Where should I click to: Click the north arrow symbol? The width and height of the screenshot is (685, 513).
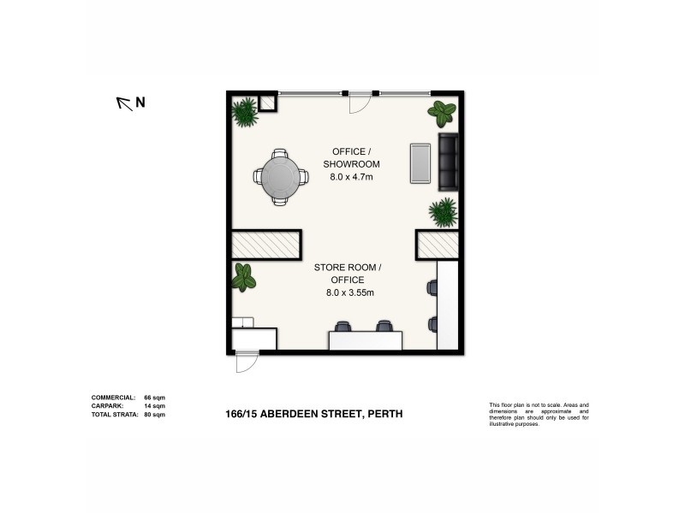(x=125, y=103)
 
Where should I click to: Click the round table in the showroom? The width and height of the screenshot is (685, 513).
(x=280, y=176)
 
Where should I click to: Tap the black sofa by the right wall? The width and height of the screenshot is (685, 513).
(x=448, y=162)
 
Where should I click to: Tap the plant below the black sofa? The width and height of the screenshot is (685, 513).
(x=443, y=211)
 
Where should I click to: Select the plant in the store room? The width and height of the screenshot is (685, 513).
(x=245, y=276)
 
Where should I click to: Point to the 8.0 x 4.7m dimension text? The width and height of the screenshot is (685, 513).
(x=351, y=177)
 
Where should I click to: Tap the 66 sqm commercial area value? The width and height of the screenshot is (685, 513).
(x=153, y=398)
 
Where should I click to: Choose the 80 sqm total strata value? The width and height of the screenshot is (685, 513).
(x=153, y=414)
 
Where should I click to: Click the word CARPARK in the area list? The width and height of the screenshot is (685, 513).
(x=108, y=406)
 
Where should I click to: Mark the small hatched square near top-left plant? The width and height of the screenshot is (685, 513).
(x=266, y=103)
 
